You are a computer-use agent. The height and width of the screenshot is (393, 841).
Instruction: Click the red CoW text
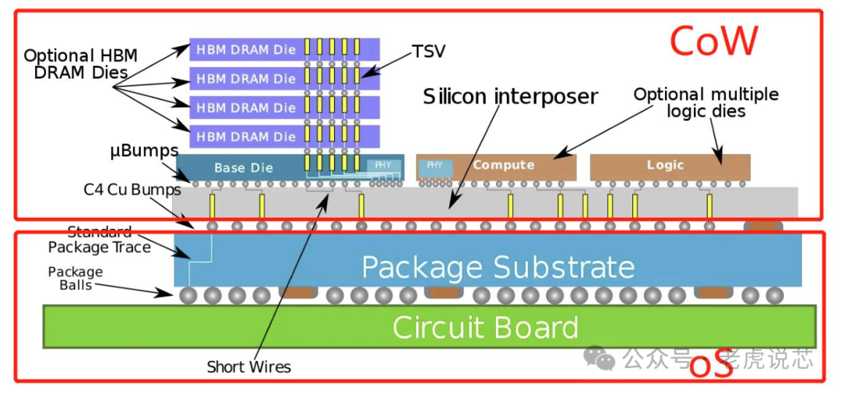tap(713, 42)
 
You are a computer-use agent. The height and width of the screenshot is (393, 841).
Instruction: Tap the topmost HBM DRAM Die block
tap(246, 50)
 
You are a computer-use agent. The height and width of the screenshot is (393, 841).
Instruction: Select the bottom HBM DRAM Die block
tap(246, 137)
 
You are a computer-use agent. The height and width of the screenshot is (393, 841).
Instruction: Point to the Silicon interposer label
tap(510, 96)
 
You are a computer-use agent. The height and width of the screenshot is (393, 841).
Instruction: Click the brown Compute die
tap(504, 165)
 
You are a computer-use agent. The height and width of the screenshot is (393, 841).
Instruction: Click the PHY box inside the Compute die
tap(435, 165)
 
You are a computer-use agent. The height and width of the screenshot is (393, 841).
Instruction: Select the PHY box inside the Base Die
tap(383, 165)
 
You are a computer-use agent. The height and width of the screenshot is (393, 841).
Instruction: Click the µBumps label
tap(144, 150)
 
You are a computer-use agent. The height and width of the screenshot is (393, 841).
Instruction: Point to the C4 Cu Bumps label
tap(132, 189)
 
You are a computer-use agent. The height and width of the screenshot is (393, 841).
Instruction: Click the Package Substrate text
tap(498, 268)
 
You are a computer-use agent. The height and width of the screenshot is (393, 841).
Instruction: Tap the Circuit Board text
tap(484, 327)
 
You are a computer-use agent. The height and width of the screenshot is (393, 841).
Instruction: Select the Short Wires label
tap(248, 367)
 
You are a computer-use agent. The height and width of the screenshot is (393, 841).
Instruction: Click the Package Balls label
tap(76, 279)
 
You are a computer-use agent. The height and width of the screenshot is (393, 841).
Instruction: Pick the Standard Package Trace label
tap(100, 240)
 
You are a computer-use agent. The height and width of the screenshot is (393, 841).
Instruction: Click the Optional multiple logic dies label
tap(706, 103)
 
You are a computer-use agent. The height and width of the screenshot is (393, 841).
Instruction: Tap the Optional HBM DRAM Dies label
tap(80, 64)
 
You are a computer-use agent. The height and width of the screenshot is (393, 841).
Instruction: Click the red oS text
tap(712, 366)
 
